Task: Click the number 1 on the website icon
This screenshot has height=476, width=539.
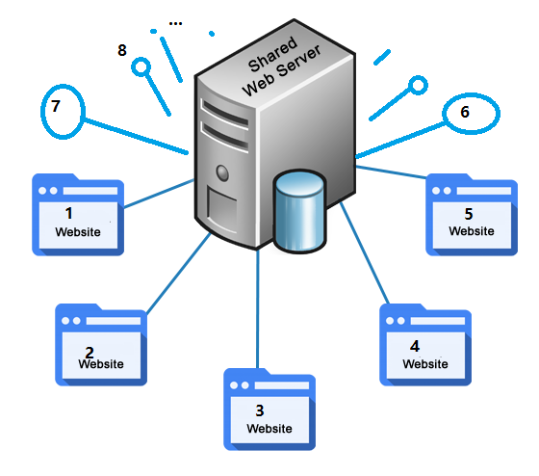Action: pyautogui.click(x=69, y=213)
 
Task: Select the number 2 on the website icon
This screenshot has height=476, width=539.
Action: pyautogui.click(x=90, y=352)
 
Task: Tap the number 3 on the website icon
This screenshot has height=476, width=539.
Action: pyautogui.click(x=260, y=410)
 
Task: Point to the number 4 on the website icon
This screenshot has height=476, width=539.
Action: pyautogui.click(x=415, y=346)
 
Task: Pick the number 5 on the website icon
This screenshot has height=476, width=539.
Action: pyautogui.click(x=469, y=214)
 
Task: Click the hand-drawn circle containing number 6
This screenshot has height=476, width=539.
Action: pyautogui.click(x=443, y=114)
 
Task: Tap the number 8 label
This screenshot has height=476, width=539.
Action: pyautogui.click(x=122, y=50)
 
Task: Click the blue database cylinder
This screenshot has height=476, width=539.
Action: pyautogui.click(x=299, y=211)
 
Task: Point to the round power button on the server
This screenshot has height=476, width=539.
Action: pyautogui.click(x=222, y=172)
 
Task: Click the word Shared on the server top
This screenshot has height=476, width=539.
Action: pyautogui.click(x=272, y=54)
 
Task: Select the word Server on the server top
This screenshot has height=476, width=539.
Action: pyautogui.click(x=298, y=61)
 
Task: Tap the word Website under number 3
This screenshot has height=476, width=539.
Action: pyautogui.click(x=269, y=429)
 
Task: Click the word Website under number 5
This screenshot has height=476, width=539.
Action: pyautogui.click(x=472, y=231)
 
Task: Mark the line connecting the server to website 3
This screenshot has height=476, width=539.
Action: pyautogui.click(x=258, y=309)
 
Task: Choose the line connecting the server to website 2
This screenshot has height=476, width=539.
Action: pyautogui.click(x=179, y=273)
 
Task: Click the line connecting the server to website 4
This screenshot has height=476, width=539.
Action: pyautogui.click(x=365, y=253)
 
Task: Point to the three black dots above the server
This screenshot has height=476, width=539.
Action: pyautogui.click(x=175, y=24)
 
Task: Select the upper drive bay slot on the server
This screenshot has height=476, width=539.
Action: pyautogui.click(x=225, y=112)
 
